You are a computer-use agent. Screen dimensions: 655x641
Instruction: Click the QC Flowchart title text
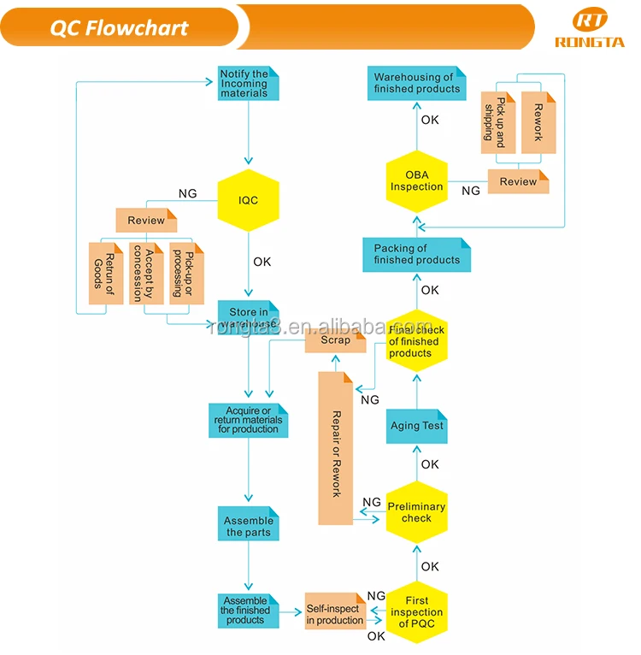click(119, 27)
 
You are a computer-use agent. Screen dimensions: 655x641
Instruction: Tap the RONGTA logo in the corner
click(590, 30)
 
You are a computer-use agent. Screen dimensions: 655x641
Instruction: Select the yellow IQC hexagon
click(248, 201)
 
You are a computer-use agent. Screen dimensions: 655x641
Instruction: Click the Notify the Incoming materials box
click(248, 84)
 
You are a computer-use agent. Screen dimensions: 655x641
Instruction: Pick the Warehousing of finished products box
click(416, 83)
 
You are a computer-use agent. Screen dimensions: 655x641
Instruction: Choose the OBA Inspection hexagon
click(416, 181)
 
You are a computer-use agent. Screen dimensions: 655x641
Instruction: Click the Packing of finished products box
click(416, 255)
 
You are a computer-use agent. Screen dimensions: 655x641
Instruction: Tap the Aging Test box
click(416, 426)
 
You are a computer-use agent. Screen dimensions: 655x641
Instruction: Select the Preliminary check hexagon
click(416, 512)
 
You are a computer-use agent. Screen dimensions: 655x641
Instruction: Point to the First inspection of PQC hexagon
click(416, 612)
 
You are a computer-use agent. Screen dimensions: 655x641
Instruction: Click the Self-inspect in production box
click(335, 614)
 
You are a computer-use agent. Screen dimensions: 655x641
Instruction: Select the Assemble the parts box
click(248, 525)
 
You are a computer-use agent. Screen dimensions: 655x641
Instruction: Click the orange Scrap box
click(335, 340)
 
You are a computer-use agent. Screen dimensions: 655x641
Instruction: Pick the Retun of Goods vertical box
click(106, 274)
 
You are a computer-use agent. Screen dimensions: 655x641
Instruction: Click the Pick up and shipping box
click(498, 121)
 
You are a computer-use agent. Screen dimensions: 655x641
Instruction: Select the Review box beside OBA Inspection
click(518, 181)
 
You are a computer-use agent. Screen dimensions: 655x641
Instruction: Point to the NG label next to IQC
click(187, 194)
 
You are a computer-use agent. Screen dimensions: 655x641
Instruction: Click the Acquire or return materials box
click(248, 421)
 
